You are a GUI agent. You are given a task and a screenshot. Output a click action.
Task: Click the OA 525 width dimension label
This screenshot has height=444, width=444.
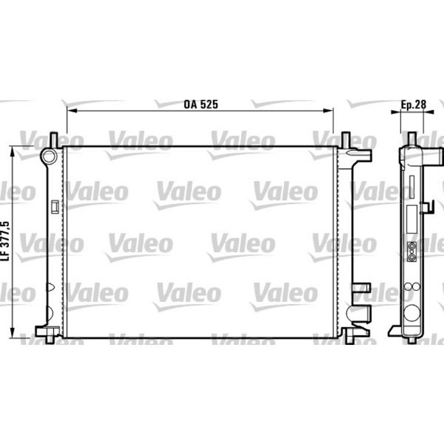point(200,105)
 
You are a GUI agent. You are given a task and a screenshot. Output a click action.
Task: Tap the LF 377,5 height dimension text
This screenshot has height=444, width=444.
point(7,240)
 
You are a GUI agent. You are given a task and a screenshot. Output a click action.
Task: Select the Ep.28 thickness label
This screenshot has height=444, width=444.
point(413,105)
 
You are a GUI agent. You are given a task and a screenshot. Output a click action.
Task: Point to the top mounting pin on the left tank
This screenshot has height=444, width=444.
point(53,138)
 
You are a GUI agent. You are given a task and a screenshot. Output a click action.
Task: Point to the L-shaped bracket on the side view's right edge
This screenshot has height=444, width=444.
point(428,206)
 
